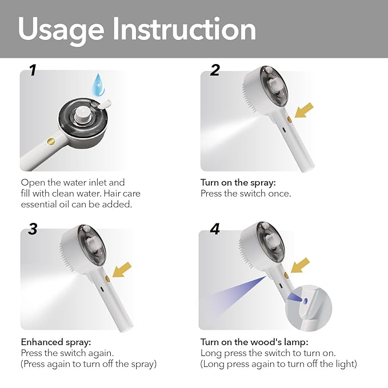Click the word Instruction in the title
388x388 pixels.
[185, 29]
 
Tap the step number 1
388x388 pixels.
[33, 70]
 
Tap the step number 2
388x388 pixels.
[215, 70]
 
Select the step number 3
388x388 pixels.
[33, 229]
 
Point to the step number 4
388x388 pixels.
[215, 229]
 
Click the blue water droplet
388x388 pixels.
[98, 85]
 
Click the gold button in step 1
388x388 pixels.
[51, 141]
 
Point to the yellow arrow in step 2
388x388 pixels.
[304, 110]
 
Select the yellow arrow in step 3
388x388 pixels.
[122, 270]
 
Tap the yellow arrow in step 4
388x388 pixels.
[300, 265]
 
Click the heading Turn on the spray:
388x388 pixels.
[238, 183]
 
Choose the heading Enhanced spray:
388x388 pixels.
[56, 342]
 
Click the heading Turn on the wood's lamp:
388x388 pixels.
[254, 342]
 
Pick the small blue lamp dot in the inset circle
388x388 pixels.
[305, 301]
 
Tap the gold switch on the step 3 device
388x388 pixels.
[107, 279]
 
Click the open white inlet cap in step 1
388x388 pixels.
[105, 103]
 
